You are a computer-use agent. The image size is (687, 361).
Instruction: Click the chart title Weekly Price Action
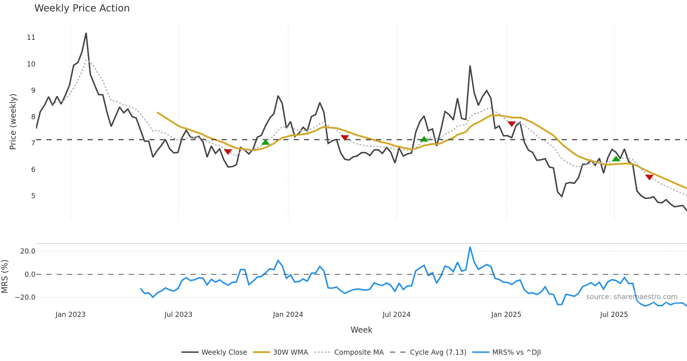[82, 8]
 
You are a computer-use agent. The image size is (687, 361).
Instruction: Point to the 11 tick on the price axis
[31, 38]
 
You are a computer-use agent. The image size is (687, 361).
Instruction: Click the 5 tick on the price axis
[33, 196]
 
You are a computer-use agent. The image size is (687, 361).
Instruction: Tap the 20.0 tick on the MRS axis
[28, 251]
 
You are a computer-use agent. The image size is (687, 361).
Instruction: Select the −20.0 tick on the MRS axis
[25, 297]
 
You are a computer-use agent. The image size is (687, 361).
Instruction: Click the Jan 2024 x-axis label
[288, 315]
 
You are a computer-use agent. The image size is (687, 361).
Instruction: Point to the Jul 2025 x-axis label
[614, 315]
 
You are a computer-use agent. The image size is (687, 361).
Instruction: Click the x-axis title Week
[361, 330]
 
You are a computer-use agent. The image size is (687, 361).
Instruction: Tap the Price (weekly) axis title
[13, 122]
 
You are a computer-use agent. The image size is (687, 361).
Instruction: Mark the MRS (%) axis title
[5, 276]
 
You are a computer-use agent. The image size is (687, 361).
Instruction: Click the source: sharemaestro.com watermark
[631, 297]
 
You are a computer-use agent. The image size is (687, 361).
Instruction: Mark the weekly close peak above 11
[86, 33]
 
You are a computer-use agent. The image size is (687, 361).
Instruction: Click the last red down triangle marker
[649, 177]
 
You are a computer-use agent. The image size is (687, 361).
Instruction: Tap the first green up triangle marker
[265, 142]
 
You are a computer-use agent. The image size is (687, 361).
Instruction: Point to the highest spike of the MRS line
[470, 247]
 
